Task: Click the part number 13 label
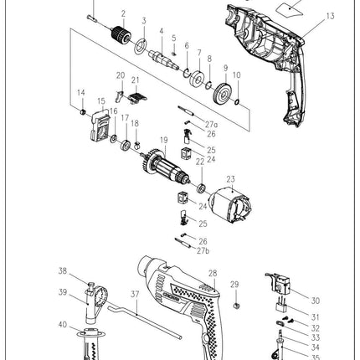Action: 330,17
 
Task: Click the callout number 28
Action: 213,273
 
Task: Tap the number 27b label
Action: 202,249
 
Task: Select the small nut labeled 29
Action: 235,299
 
